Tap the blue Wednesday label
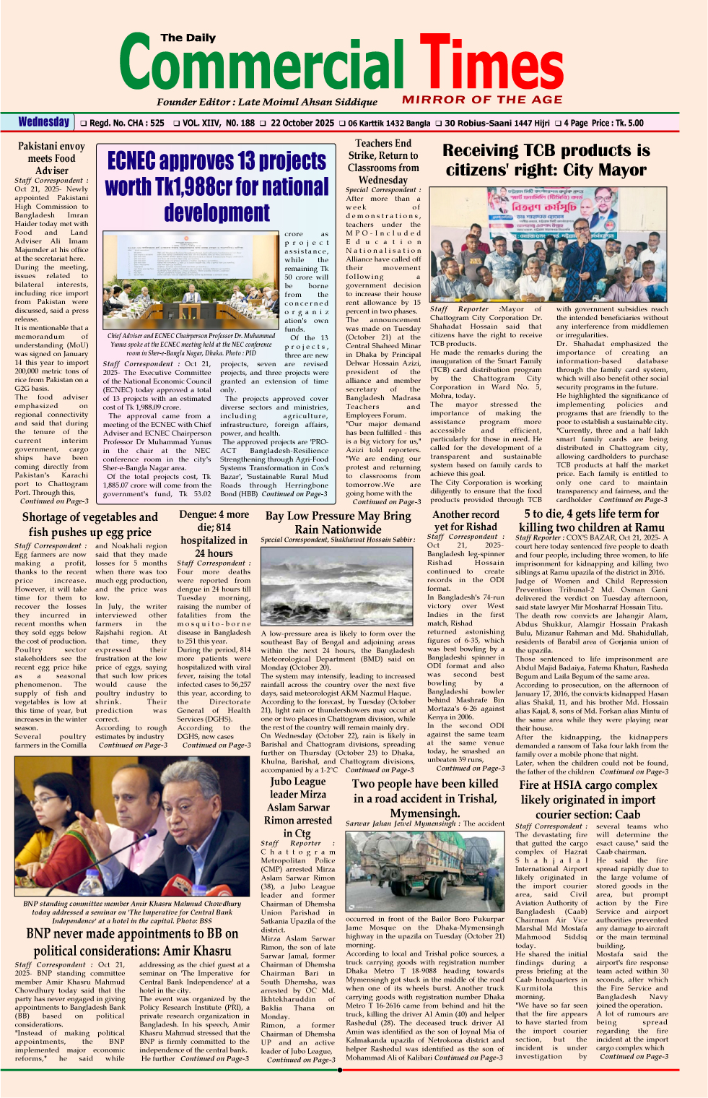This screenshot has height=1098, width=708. coord(44,122)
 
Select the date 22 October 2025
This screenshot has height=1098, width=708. coord(302,124)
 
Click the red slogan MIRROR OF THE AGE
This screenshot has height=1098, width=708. coord(482,100)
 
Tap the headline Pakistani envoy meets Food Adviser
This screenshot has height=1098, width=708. coord(51,158)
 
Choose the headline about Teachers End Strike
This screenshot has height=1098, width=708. coord(383,162)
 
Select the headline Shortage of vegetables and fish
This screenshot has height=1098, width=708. coord(89,524)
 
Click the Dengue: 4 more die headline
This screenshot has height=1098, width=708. coord(214,533)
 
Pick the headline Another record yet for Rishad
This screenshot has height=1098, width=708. coord(466,520)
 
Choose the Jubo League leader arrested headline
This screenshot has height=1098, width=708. coord(298,807)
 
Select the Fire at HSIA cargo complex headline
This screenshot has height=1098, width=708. coord(588,799)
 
